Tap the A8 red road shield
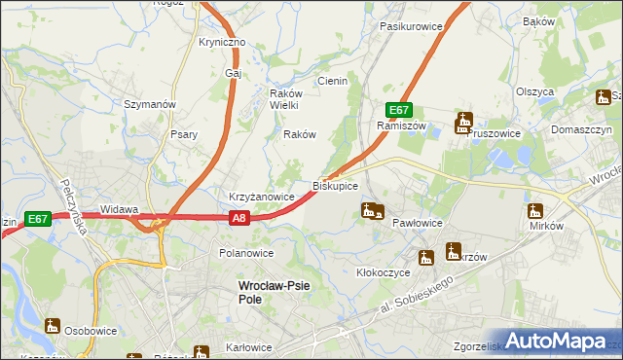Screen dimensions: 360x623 coord(240,220)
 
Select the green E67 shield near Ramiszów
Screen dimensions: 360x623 coord(398,110)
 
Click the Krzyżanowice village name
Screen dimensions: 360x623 coord(262,197)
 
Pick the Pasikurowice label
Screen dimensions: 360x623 coord(411,26)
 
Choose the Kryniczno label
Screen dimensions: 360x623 coord(223,43)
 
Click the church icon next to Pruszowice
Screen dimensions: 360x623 coord(463,123)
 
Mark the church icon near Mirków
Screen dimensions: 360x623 coord(535,210)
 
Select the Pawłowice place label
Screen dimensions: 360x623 coord(418,223)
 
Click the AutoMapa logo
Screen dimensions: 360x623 coord(556,342)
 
